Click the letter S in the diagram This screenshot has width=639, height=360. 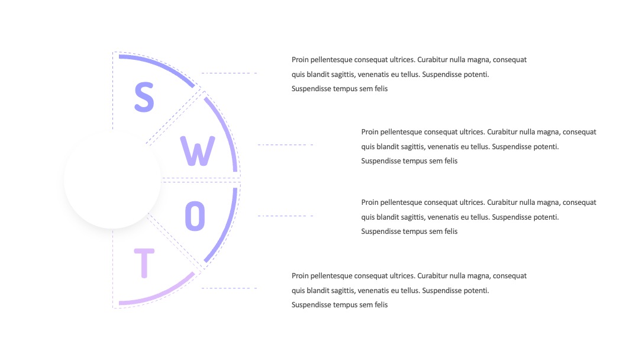point(144,97)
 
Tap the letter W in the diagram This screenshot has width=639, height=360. point(198,151)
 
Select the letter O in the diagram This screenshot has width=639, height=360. point(195,216)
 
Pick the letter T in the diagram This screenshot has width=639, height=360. point(144,263)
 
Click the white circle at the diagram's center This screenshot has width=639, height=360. point(112,180)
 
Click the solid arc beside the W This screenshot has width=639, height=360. point(227,130)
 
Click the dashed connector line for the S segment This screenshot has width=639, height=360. point(229,73)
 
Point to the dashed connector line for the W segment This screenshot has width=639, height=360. point(285,144)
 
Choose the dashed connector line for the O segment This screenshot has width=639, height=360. point(285,216)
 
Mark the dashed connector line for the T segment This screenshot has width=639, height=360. point(229,288)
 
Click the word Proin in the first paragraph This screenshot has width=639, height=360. point(300,60)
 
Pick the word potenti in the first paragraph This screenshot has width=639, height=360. point(476,74)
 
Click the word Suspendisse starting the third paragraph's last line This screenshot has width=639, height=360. point(379,231)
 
